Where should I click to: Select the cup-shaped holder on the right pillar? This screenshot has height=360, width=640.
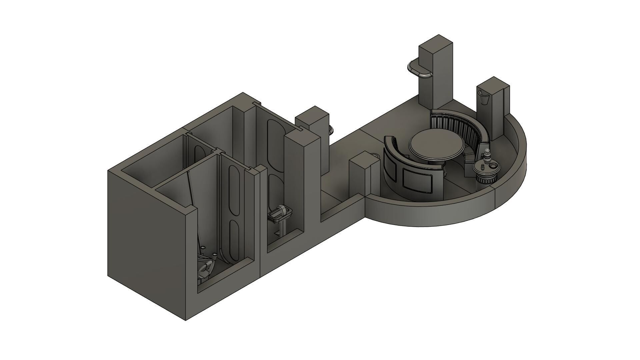click(484, 96)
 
